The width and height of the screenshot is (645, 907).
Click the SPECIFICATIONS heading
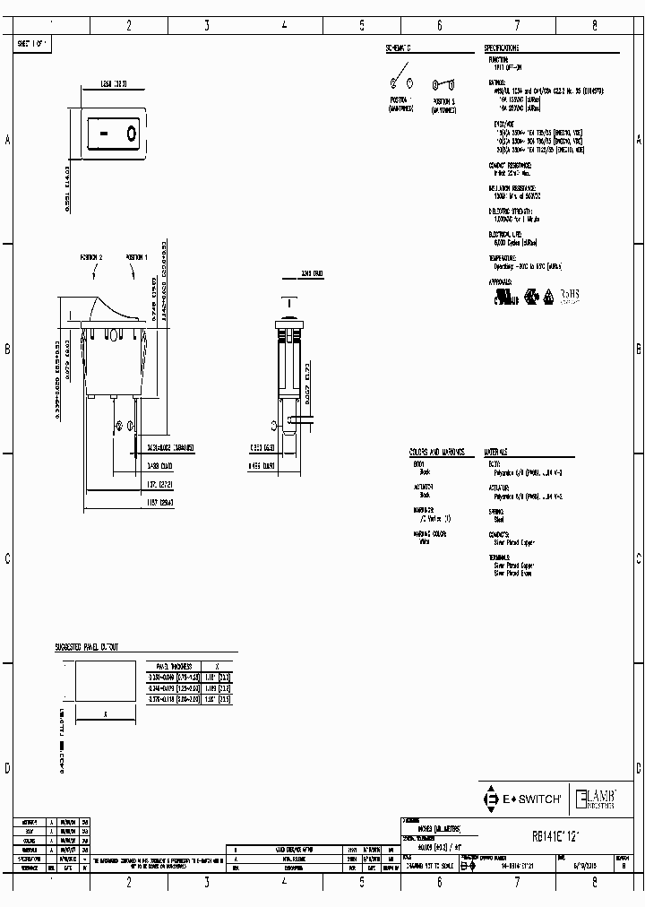[x=502, y=48]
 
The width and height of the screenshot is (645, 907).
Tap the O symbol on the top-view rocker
[x=131, y=134]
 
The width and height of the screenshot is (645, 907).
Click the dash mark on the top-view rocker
[x=105, y=134]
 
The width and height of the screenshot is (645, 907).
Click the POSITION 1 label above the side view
[x=136, y=258]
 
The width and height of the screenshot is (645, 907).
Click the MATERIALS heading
[x=497, y=453]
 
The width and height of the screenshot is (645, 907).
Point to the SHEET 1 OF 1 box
[x=34, y=42]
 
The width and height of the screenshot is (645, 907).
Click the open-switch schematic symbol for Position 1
[x=400, y=84]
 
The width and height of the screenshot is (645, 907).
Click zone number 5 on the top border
[x=362, y=26]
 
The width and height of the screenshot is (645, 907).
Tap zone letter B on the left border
[x=8, y=350]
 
